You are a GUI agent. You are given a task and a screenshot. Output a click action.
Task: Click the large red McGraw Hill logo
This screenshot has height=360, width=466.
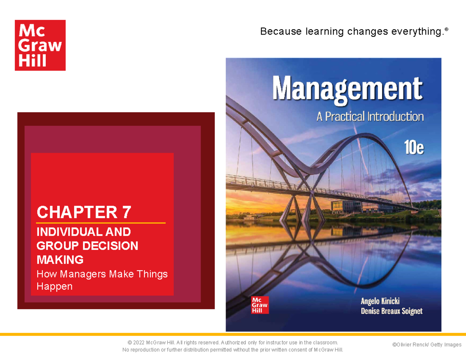point(40,45)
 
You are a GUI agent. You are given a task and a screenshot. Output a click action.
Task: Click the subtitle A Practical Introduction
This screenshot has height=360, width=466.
point(370,117)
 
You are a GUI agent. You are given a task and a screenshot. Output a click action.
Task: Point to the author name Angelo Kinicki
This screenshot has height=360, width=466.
point(380,301)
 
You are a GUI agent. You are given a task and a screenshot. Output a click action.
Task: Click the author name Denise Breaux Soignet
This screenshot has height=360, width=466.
point(391,311)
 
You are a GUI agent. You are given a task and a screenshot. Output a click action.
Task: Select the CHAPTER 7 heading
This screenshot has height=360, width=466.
point(83,212)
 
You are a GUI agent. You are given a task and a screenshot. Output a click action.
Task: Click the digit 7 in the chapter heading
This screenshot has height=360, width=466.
point(126,212)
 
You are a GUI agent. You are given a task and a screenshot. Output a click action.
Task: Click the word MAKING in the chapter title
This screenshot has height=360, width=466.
point(60,259)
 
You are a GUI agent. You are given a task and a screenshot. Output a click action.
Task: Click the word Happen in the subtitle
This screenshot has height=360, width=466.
point(54,287)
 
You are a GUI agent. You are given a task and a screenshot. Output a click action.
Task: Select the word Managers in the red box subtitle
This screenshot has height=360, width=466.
point(81,274)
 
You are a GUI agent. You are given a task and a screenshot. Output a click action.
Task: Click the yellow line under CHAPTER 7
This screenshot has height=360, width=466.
point(101,223)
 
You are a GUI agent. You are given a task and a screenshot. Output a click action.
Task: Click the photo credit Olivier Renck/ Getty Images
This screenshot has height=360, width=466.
point(427,344)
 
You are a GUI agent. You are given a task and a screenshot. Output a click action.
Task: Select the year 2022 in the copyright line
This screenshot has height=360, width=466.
point(139,342)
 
